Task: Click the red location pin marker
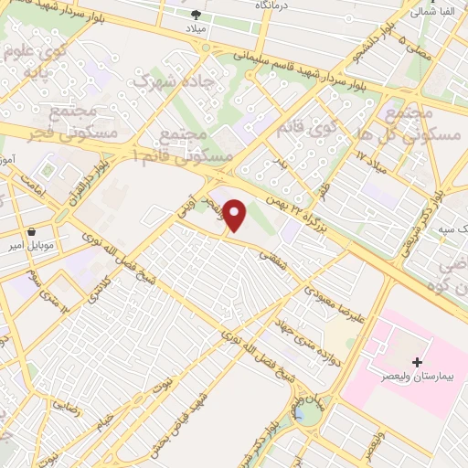click(236, 216)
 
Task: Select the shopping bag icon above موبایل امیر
click(33, 233)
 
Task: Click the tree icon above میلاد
click(197, 14)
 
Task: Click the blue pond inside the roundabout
click(299, 415)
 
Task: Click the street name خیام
click(108, 421)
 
